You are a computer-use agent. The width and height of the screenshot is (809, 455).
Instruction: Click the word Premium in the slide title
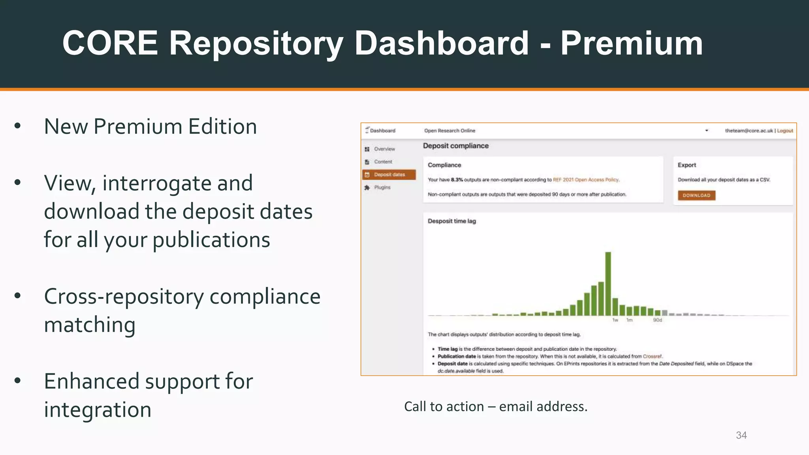(631, 43)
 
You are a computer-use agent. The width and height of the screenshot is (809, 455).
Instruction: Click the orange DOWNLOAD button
(696, 196)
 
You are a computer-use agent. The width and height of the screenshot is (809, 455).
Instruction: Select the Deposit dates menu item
(389, 175)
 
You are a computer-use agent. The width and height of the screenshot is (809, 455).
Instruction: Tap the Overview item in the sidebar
(384, 149)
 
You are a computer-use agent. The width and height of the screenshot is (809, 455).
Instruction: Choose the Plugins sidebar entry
(382, 187)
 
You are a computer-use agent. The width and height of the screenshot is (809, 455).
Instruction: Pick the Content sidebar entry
(383, 162)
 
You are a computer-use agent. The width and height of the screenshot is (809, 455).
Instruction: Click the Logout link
(785, 131)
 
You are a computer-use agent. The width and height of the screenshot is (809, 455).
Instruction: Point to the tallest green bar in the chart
(608, 284)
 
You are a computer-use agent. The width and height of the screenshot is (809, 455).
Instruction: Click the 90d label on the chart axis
(657, 320)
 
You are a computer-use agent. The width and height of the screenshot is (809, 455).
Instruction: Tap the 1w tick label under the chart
(615, 320)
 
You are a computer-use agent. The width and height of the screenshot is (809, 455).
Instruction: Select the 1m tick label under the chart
(629, 320)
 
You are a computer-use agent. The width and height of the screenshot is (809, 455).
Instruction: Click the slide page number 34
(741, 435)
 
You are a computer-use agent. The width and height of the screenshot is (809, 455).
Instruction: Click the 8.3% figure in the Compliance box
(457, 180)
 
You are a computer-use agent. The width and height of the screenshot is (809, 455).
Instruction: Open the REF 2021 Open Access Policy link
(586, 180)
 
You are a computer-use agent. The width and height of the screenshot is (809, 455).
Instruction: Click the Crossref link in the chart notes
(652, 356)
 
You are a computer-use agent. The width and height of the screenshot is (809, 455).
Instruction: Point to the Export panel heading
(687, 165)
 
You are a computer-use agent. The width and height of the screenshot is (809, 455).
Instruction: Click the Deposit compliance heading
(456, 146)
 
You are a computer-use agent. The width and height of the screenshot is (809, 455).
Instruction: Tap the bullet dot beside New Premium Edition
(17, 126)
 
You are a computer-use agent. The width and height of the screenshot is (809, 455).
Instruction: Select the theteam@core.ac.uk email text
(749, 131)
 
